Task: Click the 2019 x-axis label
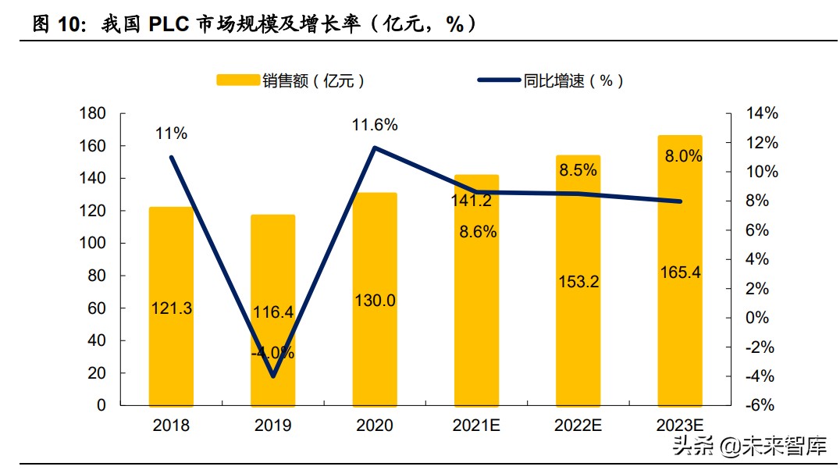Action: click(x=272, y=425)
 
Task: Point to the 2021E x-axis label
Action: click(x=476, y=425)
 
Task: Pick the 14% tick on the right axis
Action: click(x=762, y=114)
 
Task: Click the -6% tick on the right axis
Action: click(x=762, y=405)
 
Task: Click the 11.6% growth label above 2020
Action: click(x=375, y=125)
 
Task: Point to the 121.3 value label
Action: click(x=171, y=308)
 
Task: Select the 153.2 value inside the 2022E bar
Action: click(x=578, y=283)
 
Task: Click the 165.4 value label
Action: click(x=679, y=272)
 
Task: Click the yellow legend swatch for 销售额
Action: click(x=237, y=80)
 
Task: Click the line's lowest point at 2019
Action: click(x=272, y=376)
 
